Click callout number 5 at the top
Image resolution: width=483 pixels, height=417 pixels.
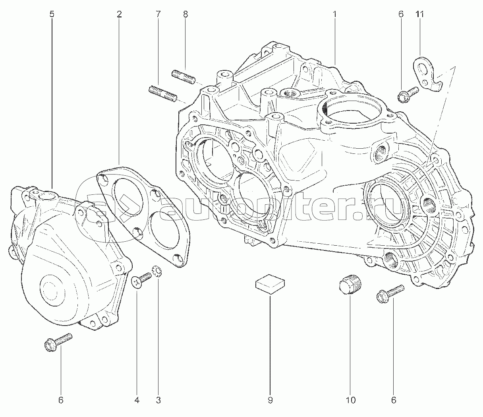click(x=52, y=14)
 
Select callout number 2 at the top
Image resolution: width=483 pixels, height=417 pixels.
click(x=119, y=14)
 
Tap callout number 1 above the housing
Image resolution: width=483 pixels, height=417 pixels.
click(x=334, y=14)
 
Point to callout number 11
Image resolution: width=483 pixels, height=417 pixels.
click(x=420, y=14)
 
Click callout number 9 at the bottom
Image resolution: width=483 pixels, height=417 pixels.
click(x=270, y=400)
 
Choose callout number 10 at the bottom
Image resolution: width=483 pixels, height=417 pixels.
click(x=351, y=400)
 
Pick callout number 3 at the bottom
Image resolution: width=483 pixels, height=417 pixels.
click(x=158, y=400)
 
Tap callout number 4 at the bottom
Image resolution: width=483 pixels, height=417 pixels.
click(x=137, y=400)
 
